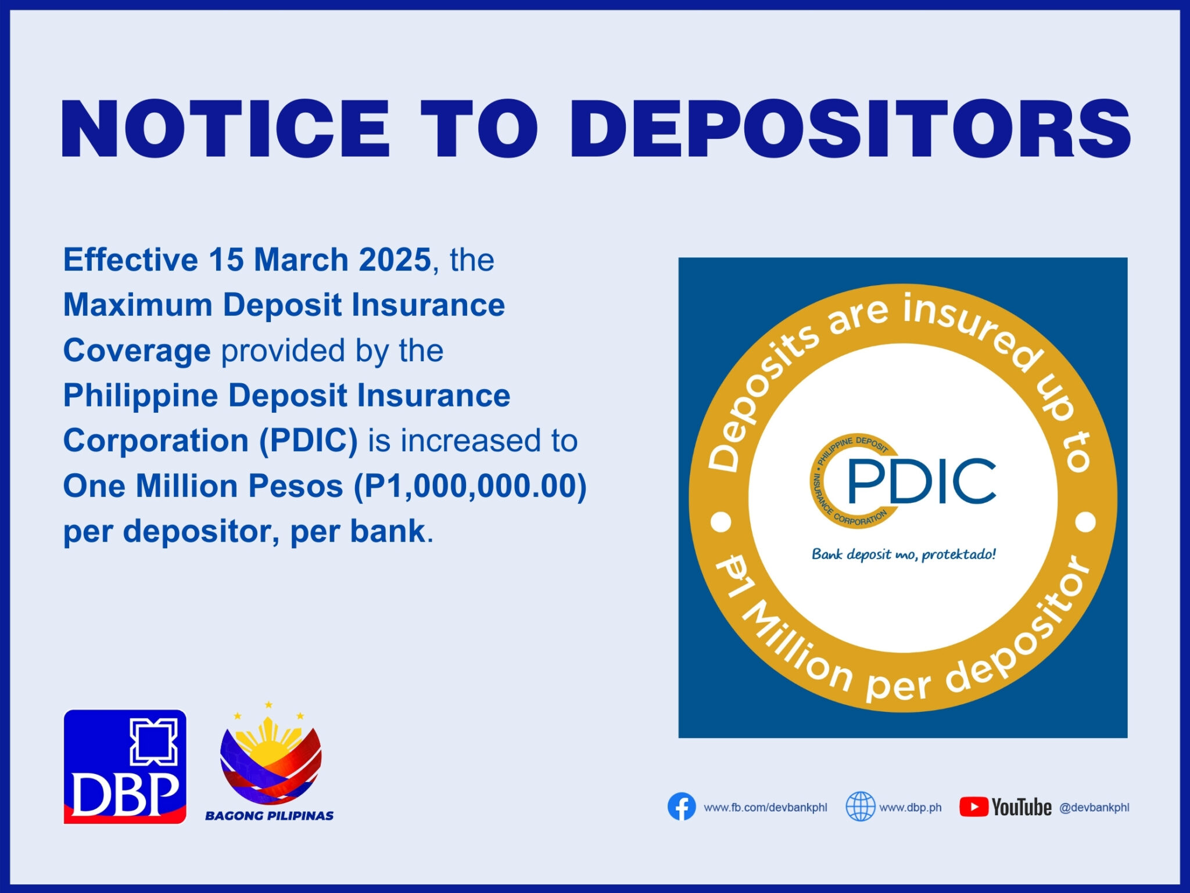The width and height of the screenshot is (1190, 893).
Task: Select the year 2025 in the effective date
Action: point(395,260)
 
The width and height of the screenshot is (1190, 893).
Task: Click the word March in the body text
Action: point(300,260)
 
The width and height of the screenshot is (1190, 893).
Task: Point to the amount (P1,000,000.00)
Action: point(470,486)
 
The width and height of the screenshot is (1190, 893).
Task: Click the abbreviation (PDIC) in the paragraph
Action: point(308,441)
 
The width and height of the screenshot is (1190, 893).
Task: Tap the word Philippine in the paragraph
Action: point(140,396)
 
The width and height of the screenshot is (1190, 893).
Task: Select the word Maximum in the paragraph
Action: point(138,305)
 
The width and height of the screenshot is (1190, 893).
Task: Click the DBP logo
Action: point(125,766)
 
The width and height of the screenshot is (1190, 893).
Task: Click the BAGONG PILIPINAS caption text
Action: point(269,816)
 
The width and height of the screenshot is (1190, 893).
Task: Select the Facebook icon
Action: point(682,807)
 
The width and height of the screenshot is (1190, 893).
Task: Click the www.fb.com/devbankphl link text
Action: point(765,808)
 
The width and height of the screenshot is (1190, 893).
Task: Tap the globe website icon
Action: point(860,807)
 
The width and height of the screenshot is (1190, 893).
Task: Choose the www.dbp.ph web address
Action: point(911,808)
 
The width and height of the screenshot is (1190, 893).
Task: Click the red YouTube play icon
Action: point(973,807)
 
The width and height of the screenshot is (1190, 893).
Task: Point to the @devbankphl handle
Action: point(1094,808)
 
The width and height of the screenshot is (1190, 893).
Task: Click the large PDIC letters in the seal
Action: point(922,481)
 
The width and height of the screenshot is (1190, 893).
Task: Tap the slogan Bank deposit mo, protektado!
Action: point(904,554)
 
